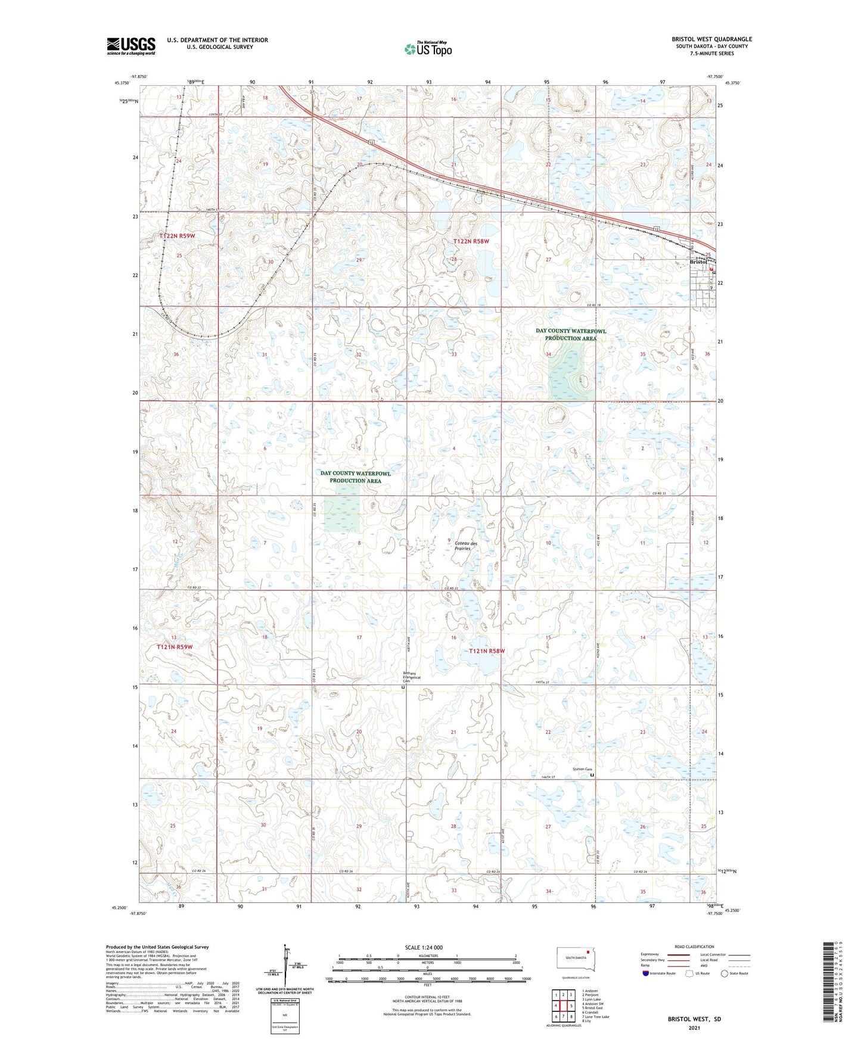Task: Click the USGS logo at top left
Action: click(x=131, y=45)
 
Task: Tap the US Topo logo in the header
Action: click(x=428, y=49)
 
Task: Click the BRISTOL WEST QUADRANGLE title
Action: click(x=711, y=39)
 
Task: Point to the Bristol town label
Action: click(x=698, y=262)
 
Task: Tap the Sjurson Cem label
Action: click(x=582, y=769)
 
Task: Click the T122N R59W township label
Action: click(x=177, y=236)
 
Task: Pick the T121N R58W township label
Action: click(x=486, y=651)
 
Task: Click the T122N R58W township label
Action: click(x=471, y=241)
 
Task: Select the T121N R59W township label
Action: click(x=175, y=646)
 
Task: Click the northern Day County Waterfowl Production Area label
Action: click(x=570, y=334)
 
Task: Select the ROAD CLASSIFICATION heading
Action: click(x=694, y=946)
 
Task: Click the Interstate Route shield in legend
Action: click(x=646, y=973)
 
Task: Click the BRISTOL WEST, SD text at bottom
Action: click(x=694, y=1019)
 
